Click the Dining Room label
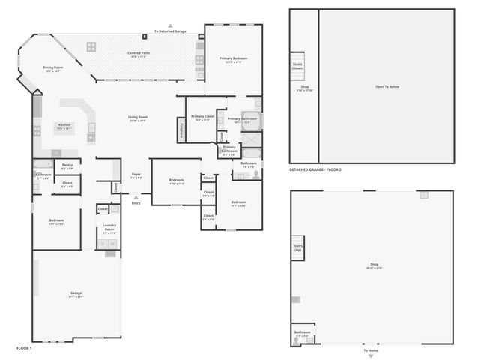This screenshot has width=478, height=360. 52,67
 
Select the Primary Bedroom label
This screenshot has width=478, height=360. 233,58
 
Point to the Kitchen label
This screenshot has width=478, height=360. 64,124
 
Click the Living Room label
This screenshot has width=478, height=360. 137,117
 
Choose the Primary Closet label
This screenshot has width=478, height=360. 202,116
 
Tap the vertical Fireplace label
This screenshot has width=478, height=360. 180,128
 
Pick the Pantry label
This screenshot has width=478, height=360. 67,165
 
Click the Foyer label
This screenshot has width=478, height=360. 136,175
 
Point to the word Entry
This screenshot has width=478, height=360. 136,202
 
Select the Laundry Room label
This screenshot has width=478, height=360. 109,229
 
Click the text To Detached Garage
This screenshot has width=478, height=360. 170,31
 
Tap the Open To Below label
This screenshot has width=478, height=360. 387,86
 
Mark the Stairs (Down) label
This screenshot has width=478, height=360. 297,66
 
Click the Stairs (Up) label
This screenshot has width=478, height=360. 297,247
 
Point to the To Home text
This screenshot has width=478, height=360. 371,350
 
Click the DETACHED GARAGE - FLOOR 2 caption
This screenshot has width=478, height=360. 315,170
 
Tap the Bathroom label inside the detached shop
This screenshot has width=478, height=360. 302,331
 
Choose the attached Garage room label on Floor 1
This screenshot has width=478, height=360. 76,292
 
